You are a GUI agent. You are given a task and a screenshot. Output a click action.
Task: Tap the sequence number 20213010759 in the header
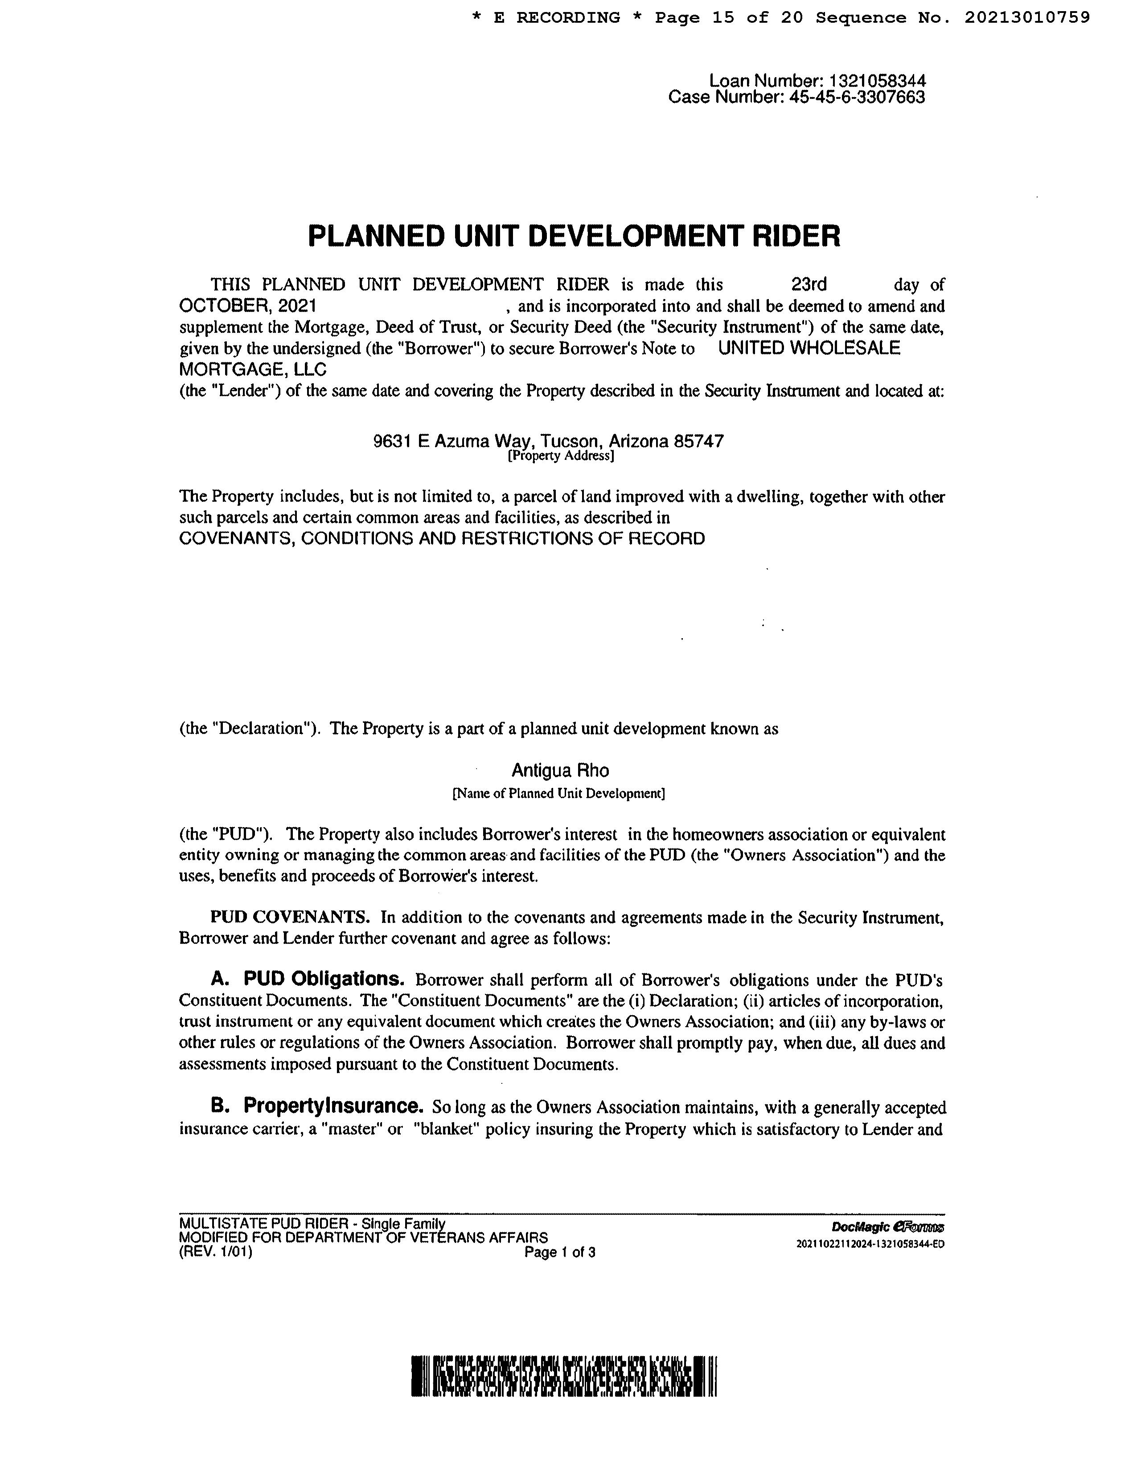point(1027,17)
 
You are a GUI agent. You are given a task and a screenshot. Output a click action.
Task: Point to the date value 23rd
point(809,284)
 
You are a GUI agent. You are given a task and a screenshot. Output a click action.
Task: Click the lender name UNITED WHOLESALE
point(809,348)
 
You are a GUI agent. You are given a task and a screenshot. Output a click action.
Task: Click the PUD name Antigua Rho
point(560,771)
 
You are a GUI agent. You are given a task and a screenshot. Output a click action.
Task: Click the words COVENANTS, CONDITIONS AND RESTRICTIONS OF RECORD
point(441,539)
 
